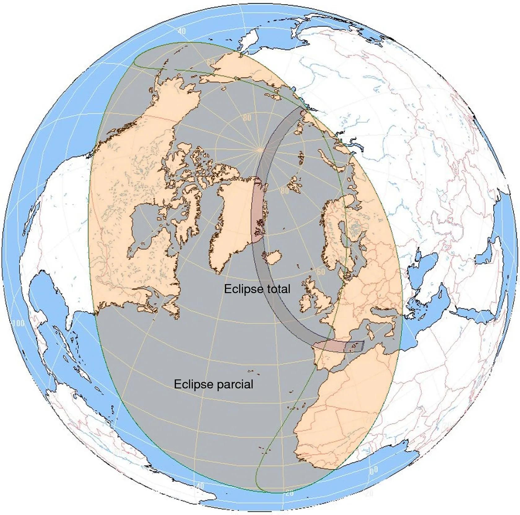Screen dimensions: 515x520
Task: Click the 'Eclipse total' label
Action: click(x=257, y=289)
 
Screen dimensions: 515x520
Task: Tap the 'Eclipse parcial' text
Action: click(x=213, y=384)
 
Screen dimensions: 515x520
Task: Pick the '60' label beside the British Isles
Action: click(x=321, y=272)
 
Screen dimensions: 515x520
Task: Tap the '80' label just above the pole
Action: click(x=247, y=118)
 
